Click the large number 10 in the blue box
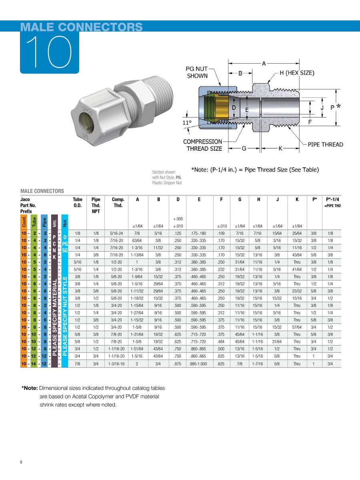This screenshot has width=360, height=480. [49, 52]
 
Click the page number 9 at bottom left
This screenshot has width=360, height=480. [21, 463]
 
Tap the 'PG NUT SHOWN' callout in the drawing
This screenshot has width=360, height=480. [197, 72]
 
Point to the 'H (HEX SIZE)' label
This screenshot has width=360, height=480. [296, 73]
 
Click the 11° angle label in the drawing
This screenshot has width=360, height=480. [187, 123]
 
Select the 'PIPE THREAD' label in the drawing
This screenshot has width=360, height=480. [325, 144]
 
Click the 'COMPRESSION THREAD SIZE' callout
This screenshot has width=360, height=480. [203, 145]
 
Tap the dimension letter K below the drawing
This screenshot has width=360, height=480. [280, 148]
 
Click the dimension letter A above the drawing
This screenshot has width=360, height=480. [264, 63]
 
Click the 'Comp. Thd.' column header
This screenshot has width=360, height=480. [118, 202]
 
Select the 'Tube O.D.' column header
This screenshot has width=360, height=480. [78, 202]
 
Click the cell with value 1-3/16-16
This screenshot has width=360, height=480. [118, 364]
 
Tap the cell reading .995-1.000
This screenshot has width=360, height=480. [199, 364]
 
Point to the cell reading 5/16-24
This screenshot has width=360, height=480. [118, 233]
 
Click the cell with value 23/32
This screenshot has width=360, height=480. [297, 291]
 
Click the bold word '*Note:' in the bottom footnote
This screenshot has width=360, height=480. [30, 388]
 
